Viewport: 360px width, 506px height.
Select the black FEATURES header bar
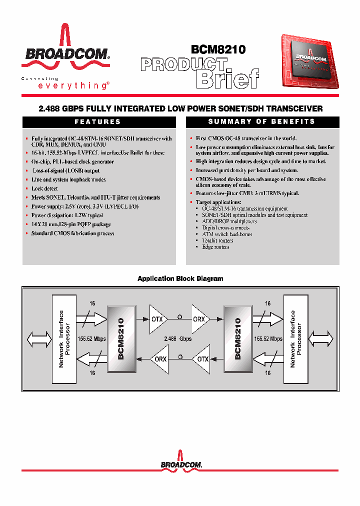99,122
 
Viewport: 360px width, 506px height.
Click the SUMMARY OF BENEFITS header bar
262,122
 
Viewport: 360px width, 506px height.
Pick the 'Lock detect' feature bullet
44,188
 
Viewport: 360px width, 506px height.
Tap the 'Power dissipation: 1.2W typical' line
67,215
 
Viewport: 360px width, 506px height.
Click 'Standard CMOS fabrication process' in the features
72,233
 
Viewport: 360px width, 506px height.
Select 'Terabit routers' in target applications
217,240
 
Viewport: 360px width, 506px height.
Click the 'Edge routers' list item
215,247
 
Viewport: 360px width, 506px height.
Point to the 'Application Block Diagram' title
180,278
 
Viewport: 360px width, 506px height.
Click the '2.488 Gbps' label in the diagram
178,338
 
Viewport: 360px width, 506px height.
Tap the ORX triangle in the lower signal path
160,358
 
